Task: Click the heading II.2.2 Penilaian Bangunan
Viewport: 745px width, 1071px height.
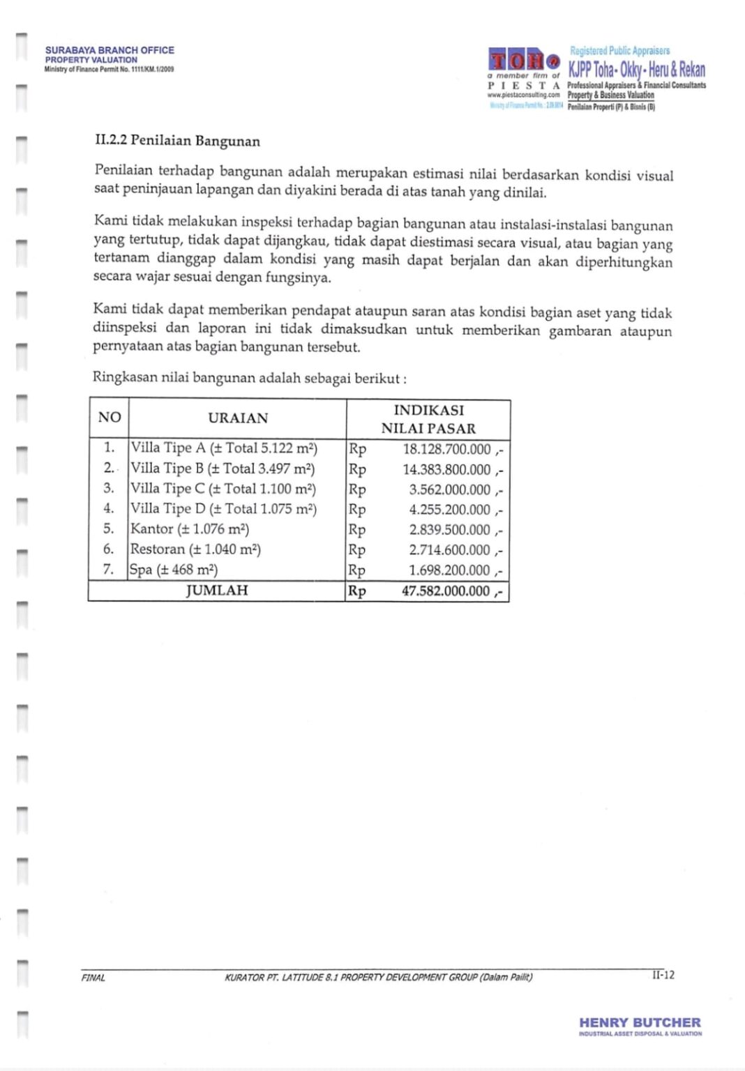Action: pos(177,141)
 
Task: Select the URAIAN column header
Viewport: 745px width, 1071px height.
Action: pos(238,418)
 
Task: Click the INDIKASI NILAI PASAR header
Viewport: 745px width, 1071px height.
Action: pos(428,419)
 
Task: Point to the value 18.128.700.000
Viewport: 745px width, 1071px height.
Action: pos(446,449)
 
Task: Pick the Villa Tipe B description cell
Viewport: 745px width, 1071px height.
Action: pos(223,469)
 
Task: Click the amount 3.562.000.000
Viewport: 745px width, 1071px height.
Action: pos(449,489)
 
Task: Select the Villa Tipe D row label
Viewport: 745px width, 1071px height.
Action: pos(223,509)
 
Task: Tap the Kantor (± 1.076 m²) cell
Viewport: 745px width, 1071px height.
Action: pos(190,529)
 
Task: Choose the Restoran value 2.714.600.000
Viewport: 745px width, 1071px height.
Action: pos(449,550)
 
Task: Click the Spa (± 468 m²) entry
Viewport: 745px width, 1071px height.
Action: pos(174,570)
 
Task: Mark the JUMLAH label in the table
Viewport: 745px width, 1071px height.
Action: pos(217,591)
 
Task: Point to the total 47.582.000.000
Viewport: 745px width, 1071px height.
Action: pos(446,591)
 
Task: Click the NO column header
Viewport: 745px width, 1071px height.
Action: pos(110,418)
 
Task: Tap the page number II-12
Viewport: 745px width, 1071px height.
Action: pos(663,975)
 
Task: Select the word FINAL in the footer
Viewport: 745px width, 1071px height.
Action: pos(93,978)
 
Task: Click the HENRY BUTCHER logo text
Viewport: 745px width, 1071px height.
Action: pos(640,1022)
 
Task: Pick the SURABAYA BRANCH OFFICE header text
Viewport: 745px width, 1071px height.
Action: pos(110,50)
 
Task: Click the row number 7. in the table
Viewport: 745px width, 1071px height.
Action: pos(109,569)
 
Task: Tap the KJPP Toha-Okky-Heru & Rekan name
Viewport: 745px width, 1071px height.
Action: pos(636,69)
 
